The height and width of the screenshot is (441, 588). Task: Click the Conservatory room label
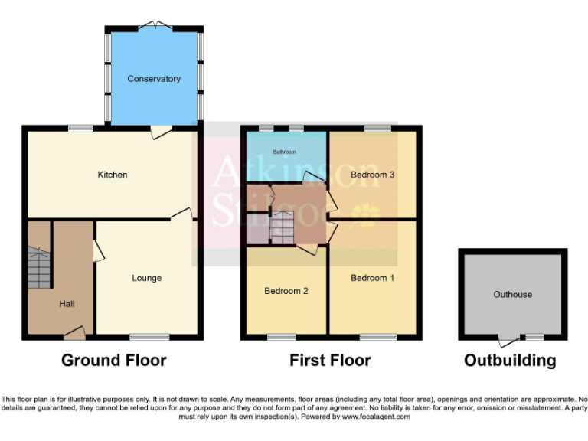154,79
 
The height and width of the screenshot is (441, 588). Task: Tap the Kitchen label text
113,175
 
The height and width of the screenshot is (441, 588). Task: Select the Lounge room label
146,278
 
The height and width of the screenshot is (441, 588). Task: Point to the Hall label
67,304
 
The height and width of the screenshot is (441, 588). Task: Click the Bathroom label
285,152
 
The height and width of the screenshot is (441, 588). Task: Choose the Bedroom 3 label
373,175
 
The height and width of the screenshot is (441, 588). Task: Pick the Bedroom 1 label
373,278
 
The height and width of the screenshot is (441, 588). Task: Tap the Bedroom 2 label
286,291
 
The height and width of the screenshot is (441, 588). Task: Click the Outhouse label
512,294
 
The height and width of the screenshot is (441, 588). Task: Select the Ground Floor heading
113,360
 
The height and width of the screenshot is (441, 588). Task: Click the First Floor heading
330,360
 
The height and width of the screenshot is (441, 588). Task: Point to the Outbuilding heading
510,360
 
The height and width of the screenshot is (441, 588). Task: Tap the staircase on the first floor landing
283,227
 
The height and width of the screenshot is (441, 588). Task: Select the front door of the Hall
74,333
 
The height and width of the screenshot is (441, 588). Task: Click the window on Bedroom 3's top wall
376,127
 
